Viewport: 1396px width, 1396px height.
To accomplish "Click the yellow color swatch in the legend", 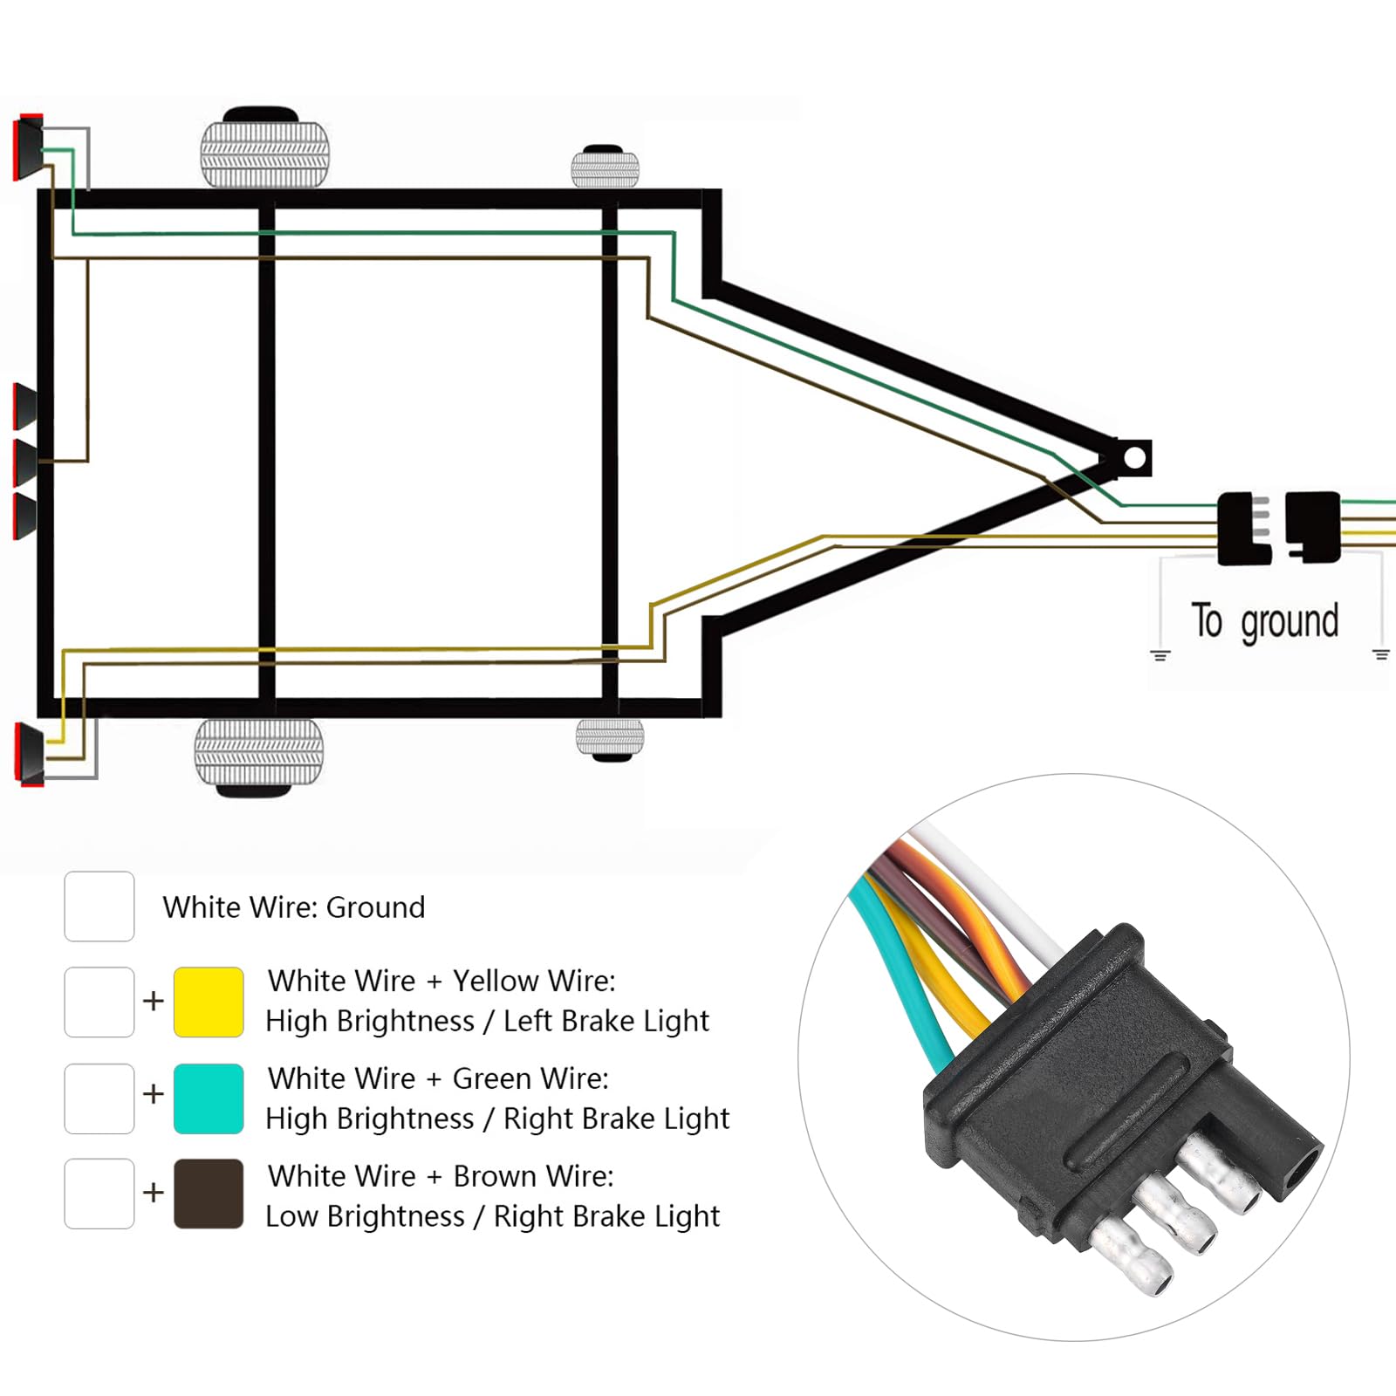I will click(209, 1002).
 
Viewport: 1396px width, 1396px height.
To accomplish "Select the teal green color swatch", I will click(209, 1098).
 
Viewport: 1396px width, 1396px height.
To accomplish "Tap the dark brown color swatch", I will click(209, 1194).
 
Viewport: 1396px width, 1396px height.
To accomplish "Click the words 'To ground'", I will click(1264, 621).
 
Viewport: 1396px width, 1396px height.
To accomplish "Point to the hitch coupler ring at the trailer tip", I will click(1134, 458).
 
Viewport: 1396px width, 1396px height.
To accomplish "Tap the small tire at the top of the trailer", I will click(605, 168).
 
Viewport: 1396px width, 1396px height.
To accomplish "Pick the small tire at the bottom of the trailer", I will click(610, 738).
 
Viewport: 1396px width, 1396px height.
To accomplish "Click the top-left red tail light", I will click(29, 147).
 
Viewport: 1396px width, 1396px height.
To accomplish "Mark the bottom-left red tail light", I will click(30, 755).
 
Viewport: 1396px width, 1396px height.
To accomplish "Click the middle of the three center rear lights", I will click(25, 462).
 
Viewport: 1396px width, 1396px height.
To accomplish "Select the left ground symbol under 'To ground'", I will click(1160, 655).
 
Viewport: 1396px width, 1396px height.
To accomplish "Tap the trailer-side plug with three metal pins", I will click(1242, 529).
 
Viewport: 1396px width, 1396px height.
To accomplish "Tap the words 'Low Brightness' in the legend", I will click(365, 1216).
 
